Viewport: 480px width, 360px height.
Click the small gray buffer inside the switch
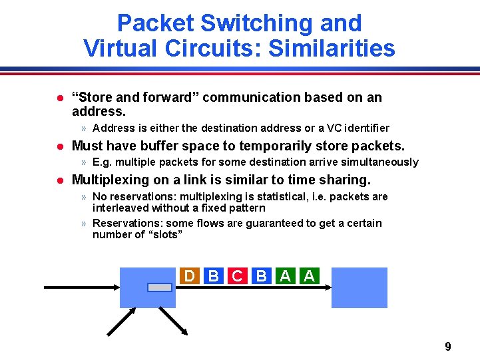coord(159,287)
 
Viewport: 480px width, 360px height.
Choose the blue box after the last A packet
coord(359,287)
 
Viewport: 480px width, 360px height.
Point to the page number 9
coord(447,346)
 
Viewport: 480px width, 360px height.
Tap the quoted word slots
coord(163,234)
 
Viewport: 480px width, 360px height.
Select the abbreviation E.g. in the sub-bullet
coord(103,162)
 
